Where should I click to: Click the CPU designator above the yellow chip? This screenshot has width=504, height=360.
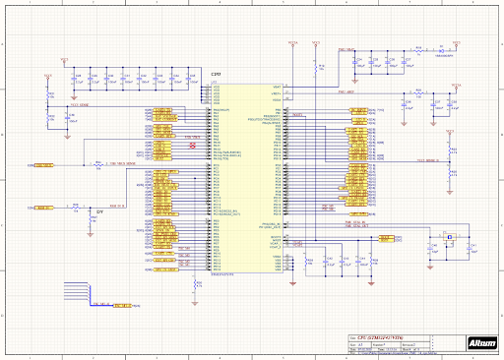coord(216,75)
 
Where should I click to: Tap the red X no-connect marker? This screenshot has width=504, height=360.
coord(193,145)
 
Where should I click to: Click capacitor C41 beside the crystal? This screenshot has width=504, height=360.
coord(473,245)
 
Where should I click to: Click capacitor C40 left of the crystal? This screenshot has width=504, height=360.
coord(424,245)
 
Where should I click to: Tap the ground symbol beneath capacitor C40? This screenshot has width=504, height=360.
coord(424,258)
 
